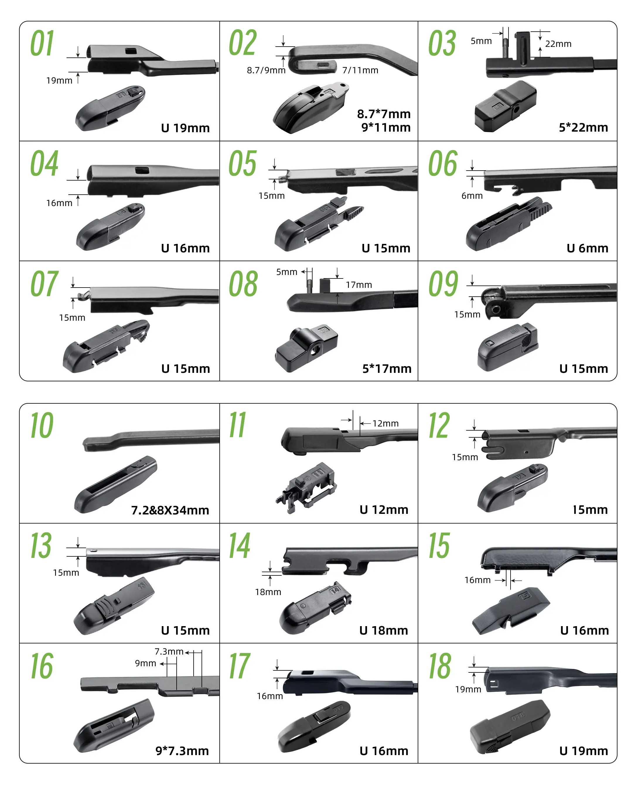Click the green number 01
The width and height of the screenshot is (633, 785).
(x=42, y=43)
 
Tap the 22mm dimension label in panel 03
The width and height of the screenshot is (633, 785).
(x=558, y=44)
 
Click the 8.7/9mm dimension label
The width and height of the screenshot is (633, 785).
(x=266, y=70)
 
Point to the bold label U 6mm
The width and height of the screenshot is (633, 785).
(x=587, y=248)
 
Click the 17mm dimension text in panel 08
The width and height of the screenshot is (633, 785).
(x=359, y=285)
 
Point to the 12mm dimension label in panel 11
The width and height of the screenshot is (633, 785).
(x=385, y=423)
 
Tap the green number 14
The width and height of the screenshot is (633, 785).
(x=240, y=546)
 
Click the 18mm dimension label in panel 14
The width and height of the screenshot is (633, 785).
(x=268, y=592)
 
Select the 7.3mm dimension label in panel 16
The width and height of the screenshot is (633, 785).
(x=169, y=651)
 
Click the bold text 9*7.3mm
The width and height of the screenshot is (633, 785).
(x=182, y=751)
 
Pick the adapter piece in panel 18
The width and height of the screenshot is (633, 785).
(x=510, y=727)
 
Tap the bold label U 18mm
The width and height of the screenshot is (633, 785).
(x=384, y=630)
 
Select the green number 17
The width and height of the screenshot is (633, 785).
(x=239, y=666)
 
